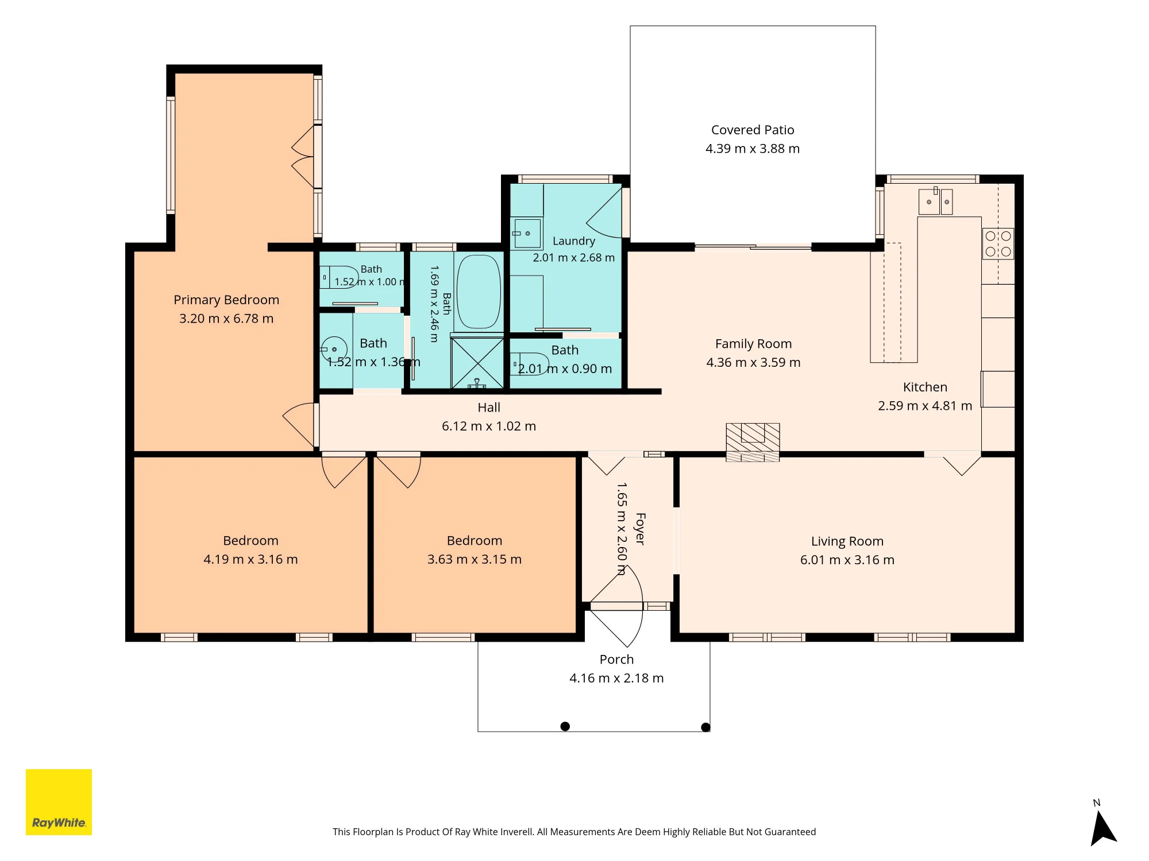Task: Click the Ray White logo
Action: click(59, 802)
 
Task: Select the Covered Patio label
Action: click(753, 130)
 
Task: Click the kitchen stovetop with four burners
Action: click(998, 243)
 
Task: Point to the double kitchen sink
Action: click(936, 201)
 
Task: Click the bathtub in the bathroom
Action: click(479, 292)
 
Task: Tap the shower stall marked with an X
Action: click(477, 363)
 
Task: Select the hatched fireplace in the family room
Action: click(753, 442)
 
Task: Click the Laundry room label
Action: click(573, 241)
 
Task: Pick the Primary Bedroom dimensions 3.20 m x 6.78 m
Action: click(226, 319)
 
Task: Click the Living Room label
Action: click(847, 541)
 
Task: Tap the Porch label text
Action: click(616, 660)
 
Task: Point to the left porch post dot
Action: click(565, 726)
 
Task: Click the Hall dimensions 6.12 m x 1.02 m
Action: click(489, 426)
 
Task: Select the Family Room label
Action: click(753, 344)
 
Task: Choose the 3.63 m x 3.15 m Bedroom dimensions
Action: click(475, 560)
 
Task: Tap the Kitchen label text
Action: click(925, 387)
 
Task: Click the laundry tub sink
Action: click(527, 234)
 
